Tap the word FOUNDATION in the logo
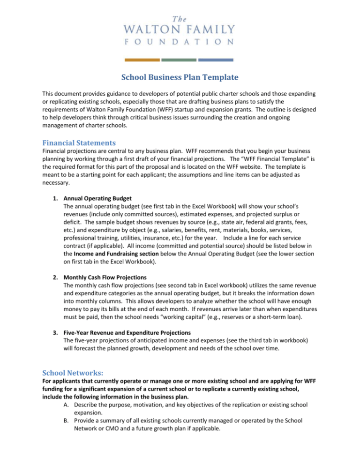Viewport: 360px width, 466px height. pos(180,42)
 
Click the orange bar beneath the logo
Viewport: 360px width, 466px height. pos(142,60)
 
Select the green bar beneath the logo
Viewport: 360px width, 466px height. pos(179,60)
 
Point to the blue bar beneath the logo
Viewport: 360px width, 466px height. pos(216,60)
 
